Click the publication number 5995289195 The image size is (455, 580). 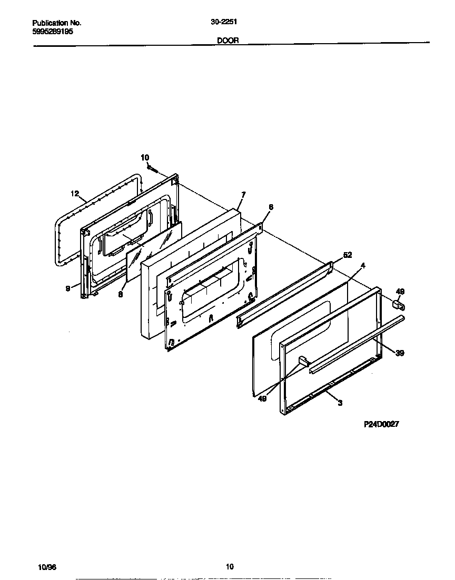pos(53,32)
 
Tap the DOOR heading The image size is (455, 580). pos(227,40)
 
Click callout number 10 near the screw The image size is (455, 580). pos(145,157)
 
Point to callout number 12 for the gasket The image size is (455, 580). pos(75,194)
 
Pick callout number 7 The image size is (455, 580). pos(243,195)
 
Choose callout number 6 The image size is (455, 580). pos(271,207)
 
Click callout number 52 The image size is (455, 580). pos(347,255)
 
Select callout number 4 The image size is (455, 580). pos(363,265)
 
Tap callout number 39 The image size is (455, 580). pos(400,353)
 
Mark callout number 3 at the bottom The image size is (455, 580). pos(340,403)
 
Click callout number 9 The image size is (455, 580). pos(68,288)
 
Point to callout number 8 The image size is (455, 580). pos(120,295)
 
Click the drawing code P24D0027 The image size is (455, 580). pos(381,425)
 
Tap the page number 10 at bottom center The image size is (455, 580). pos(229,567)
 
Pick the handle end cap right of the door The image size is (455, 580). pos(398,304)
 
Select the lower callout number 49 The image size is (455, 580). pos(262,398)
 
